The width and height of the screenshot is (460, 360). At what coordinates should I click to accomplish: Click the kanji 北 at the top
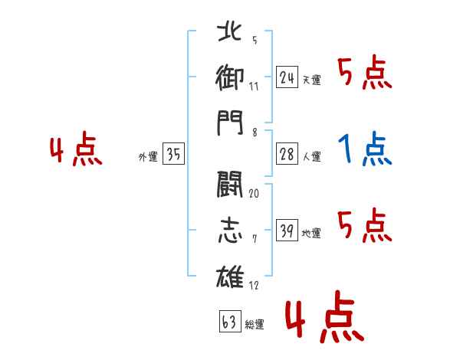pos(229,31)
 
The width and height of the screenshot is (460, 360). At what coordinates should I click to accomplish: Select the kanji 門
pos(230,123)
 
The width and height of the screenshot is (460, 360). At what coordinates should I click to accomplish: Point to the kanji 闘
pos(230,185)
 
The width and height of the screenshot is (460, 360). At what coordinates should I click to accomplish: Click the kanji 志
pos(230,231)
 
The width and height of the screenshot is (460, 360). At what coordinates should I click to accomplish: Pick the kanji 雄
pos(230,277)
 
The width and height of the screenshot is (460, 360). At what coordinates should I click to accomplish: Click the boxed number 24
pos(287,77)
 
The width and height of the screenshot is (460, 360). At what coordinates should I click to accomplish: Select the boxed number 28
pos(287,154)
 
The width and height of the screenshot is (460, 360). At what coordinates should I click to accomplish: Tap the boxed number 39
pos(287,230)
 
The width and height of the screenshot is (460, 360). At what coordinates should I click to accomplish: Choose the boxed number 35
pos(173,153)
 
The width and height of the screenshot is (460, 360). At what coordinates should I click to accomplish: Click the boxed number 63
pos(230,321)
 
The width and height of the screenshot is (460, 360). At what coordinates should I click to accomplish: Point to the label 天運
pos(312,80)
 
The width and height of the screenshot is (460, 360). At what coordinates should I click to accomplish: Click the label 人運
pos(312,156)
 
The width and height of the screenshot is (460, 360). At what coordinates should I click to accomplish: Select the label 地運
pos(311,234)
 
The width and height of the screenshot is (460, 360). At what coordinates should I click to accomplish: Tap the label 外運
pos(148,157)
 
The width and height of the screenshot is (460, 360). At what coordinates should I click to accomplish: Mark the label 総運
pos(255,325)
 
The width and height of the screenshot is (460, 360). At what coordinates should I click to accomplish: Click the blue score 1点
pos(365,149)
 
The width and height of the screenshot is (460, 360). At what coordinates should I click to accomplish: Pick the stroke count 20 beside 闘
pos(254,194)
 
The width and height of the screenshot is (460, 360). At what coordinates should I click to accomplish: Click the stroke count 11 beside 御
pos(254,87)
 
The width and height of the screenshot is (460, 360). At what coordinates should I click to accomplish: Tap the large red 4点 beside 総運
pos(324,316)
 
